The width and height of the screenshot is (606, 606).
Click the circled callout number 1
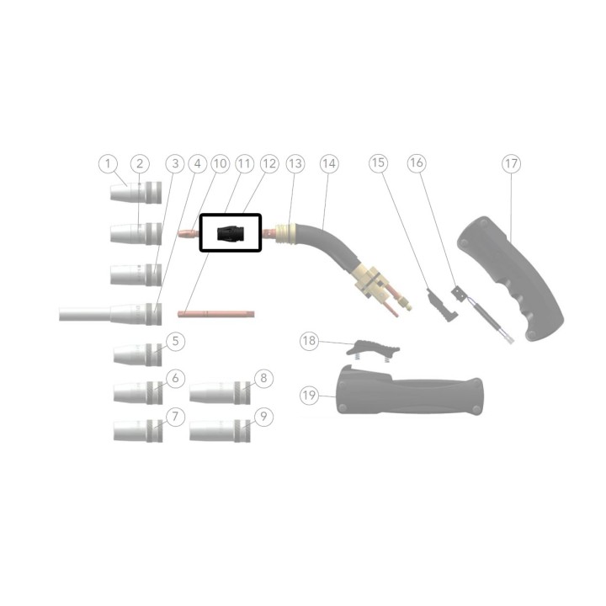click(x=108, y=163)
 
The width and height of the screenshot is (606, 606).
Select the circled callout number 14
click(x=329, y=163)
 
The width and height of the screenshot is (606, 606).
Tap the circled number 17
click(x=512, y=163)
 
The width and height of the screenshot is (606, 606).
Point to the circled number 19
click(x=309, y=396)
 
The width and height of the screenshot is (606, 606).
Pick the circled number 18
click(x=309, y=341)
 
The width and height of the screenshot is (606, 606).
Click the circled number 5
click(x=175, y=341)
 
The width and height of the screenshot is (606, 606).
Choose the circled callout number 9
click(x=263, y=417)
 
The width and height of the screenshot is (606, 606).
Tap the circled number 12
click(x=269, y=163)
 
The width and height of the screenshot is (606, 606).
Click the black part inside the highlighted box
click(x=230, y=233)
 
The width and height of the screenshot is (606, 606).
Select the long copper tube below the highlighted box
click(x=216, y=313)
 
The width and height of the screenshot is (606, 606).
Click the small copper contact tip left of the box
click(x=189, y=233)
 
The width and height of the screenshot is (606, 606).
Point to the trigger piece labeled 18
click(x=372, y=348)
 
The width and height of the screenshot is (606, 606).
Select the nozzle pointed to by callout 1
click(x=136, y=193)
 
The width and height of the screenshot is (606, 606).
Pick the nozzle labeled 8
click(x=220, y=392)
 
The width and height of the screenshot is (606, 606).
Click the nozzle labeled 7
click(x=138, y=431)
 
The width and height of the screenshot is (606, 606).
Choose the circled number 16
click(x=417, y=162)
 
